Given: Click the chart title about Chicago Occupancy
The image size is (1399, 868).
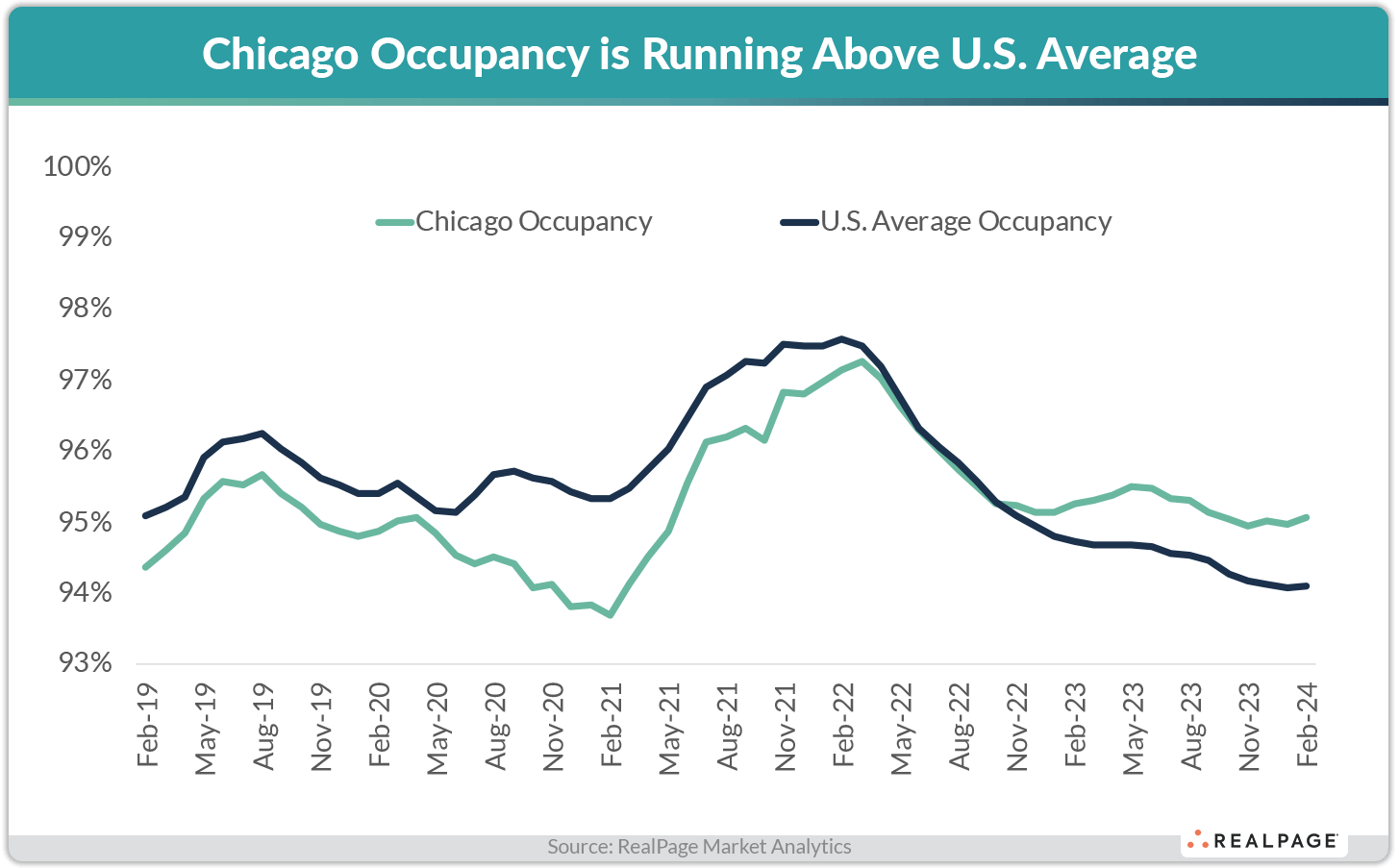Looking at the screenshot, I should pos(699,54).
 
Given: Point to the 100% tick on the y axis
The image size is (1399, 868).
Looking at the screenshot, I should pos(78,166).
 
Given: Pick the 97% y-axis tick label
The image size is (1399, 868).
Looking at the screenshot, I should pos(85,381).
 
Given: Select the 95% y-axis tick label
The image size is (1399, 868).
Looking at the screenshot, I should pos(85,523).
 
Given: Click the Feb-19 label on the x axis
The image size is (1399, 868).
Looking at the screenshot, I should pos(147,726).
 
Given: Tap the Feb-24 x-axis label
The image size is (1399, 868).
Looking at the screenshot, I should pos(1308,726).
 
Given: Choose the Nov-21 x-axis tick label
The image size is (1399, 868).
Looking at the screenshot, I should pos(786,727).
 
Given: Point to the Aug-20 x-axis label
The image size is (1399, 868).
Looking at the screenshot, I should pos(495,727).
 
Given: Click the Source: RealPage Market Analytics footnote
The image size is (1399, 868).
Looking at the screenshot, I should pos(699,847).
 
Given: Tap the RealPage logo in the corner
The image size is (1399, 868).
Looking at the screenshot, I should pos(1263,841).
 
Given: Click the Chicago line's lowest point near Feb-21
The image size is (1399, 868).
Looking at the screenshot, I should pos(611,615).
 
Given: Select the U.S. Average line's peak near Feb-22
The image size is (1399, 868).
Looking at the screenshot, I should pos(842,338).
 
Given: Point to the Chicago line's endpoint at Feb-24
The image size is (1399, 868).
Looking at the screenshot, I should pos(1307,517).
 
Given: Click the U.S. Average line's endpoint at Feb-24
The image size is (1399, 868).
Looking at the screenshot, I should pos(1307,585).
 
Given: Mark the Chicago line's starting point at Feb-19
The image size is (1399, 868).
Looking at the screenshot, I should pos(145,567).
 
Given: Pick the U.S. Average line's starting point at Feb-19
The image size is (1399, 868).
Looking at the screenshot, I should pos(145,516).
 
